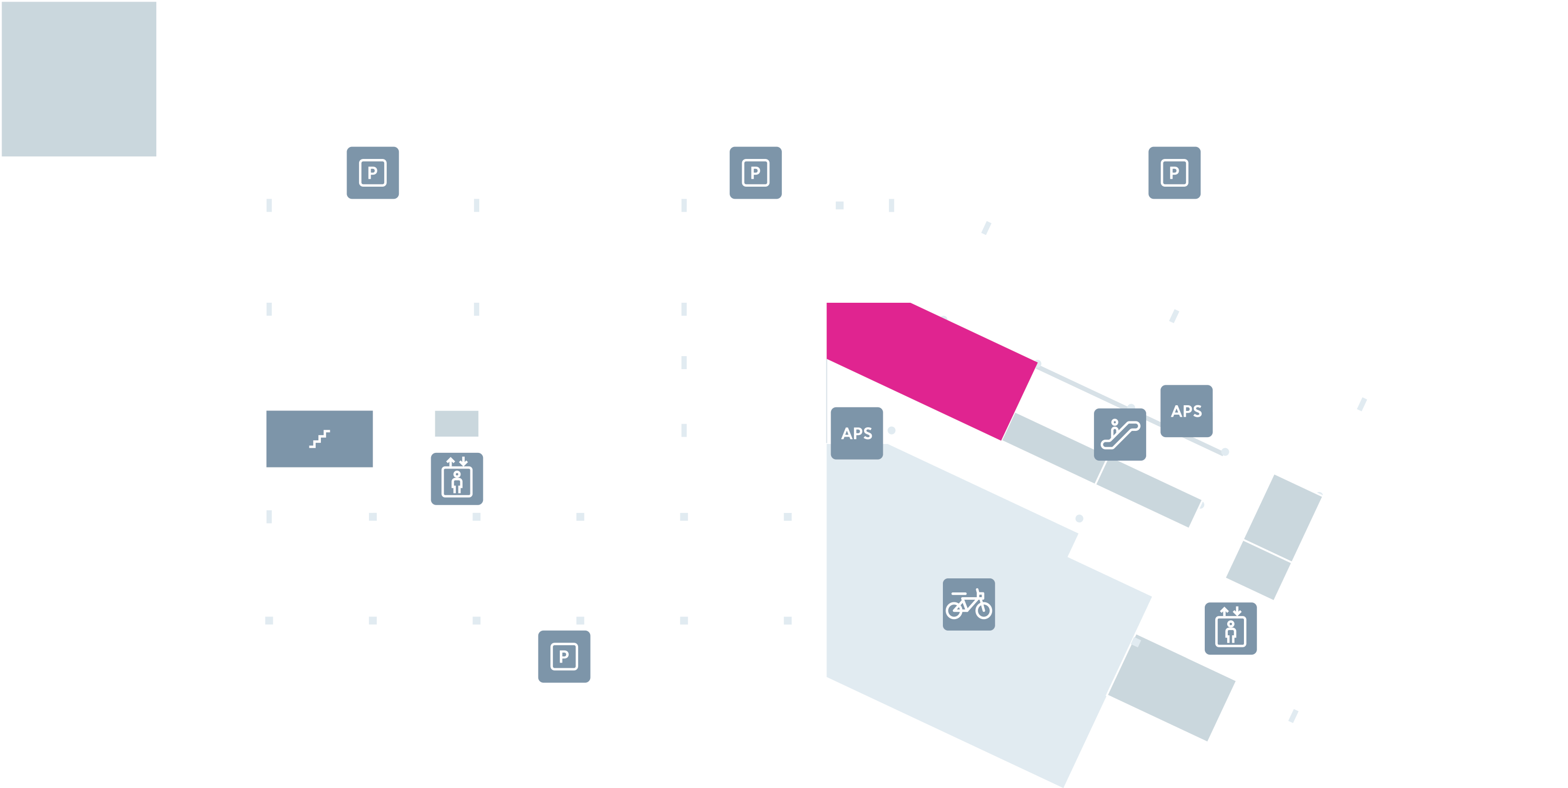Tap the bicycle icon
coord(969,604)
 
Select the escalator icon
coord(1120,434)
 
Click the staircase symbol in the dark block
coord(319,439)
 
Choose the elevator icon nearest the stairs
coord(456,478)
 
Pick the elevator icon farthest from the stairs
coord(1230,629)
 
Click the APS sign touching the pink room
coord(857,433)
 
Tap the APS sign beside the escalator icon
coord(1186,411)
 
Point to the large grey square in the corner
coord(79,79)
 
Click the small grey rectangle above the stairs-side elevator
coord(456,423)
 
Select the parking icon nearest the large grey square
coord(373,173)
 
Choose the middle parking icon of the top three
coord(755,173)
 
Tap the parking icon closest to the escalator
coord(1174,173)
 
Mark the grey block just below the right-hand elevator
coord(1171,688)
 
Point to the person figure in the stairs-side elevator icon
coord(457,482)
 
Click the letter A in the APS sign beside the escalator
coord(1177,412)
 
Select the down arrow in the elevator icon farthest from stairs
coord(1237,611)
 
